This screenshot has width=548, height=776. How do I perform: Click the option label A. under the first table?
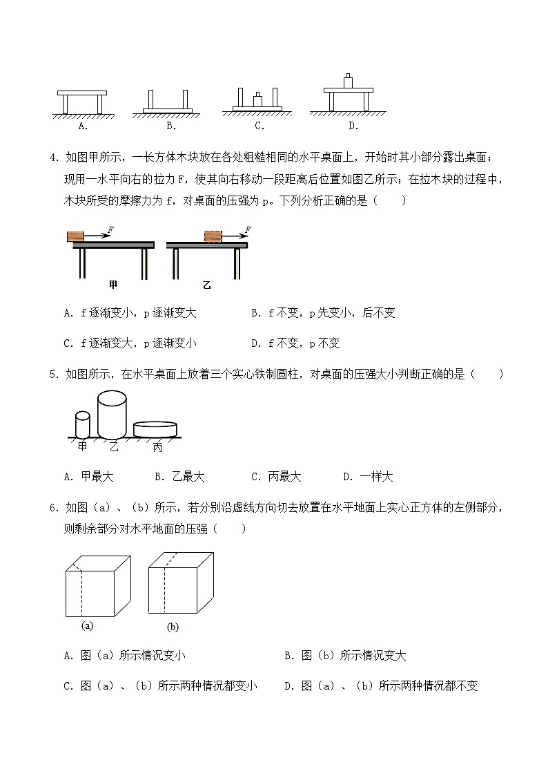click(82, 126)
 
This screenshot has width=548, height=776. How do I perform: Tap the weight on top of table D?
click(349, 81)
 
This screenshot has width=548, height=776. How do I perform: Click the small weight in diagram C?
click(257, 100)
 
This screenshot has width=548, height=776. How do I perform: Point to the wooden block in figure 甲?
click(75, 236)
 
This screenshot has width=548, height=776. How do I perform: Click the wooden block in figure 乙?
click(213, 236)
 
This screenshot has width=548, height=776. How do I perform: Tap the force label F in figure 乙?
click(247, 229)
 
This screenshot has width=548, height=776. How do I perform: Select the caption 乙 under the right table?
click(206, 284)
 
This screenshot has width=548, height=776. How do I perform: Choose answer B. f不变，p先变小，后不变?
click(322, 313)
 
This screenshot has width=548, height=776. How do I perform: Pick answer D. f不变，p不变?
click(295, 343)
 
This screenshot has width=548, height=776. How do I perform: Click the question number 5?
click(53, 375)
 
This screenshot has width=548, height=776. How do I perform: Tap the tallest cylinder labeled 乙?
click(112, 413)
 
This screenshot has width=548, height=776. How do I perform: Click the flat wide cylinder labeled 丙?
click(155, 429)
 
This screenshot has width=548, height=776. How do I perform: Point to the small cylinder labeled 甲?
click(83, 424)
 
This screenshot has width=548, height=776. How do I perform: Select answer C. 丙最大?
click(275, 477)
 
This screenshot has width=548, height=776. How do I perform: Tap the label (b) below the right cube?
click(173, 627)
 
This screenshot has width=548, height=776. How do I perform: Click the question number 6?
click(53, 509)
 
